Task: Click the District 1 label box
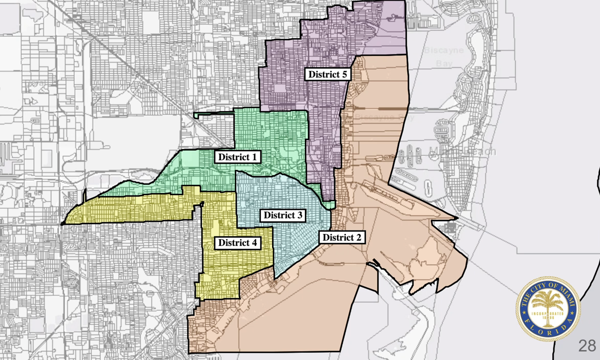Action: tap(237, 157)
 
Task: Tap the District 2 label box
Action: tap(342, 237)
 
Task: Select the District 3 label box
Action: tap(283, 215)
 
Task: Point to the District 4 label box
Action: tap(237, 242)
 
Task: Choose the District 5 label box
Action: tap(328, 74)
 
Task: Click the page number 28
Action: tap(587, 346)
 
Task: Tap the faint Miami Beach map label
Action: tap(464, 152)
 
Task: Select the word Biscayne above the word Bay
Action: tap(444, 51)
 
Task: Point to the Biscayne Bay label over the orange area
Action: tap(385, 117)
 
